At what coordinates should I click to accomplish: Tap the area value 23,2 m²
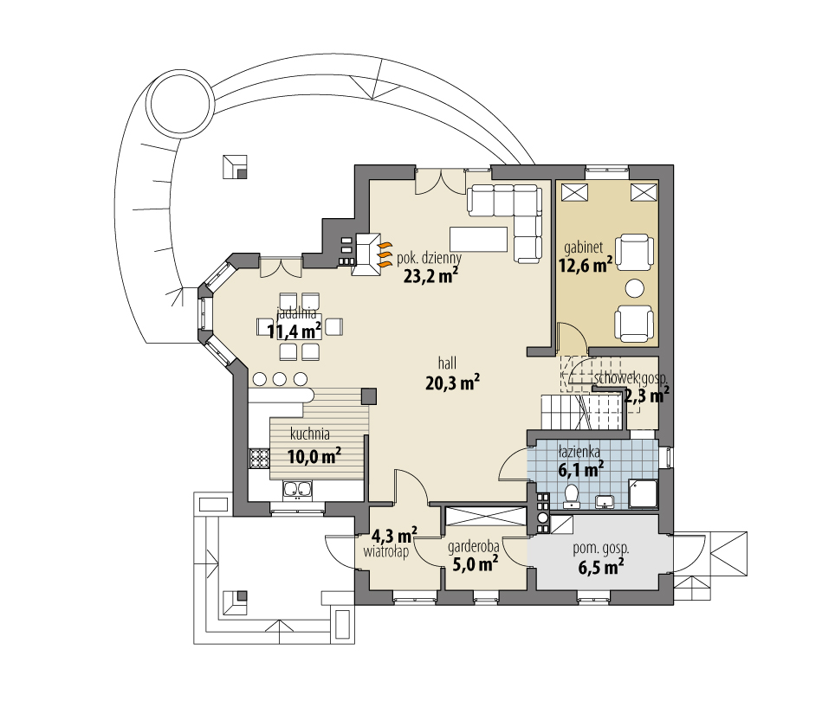pyautogui.click(x=430, y=276)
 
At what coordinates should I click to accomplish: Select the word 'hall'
pyautogui.click(x=447, y=363)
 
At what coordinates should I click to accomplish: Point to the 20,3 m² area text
pyautogui.click(x=453, y=383)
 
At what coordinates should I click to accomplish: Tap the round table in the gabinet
pyautogui.click(x=636, y=288)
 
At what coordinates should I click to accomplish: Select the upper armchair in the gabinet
pyautogui.click(x=636, y=253)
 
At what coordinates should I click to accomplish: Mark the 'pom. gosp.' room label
pyautogui.click(x=601, y=548)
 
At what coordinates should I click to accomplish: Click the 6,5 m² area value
pyautogui.click(x=602, y=568)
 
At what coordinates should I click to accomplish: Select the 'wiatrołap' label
pyautogui.click(x=386, y=550)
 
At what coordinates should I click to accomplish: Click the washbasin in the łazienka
pyautogui.click(x=605, y=500)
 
